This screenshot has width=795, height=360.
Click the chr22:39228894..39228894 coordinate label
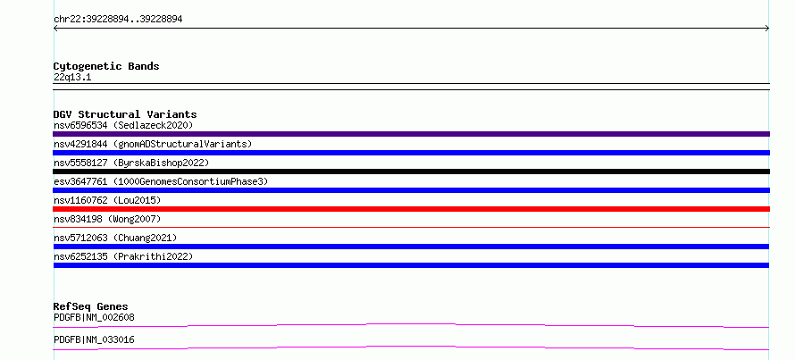(118, 20)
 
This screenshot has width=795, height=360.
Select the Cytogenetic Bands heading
(106, 66)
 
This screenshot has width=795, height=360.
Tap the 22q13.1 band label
(72, 78)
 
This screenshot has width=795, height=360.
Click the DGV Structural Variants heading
(125, 114)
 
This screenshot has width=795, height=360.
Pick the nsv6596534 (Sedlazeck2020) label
(123, 125)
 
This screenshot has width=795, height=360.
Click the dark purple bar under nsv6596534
(411, 134)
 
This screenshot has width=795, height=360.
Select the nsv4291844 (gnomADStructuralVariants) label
(153, 144)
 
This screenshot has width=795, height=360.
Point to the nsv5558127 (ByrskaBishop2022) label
(131, 163)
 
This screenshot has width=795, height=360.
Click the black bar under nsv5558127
(411, 172)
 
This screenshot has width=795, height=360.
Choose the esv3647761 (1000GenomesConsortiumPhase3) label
(161, 181)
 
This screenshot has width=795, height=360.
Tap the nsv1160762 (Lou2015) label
(107, 200)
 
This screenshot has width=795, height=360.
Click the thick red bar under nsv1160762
(411, 209)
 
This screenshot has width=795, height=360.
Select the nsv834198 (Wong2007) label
(107, 219)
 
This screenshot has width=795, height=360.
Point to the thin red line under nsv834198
(411, 228)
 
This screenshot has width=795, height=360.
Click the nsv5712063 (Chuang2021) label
(115, 238)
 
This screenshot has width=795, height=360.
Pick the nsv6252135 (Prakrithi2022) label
(123, 256)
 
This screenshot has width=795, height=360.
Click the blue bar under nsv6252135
(411, 265)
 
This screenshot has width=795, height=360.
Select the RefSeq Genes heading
(91, 306)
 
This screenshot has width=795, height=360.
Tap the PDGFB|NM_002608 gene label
(94, 317)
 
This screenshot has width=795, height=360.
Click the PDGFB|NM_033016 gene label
(94, 339)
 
